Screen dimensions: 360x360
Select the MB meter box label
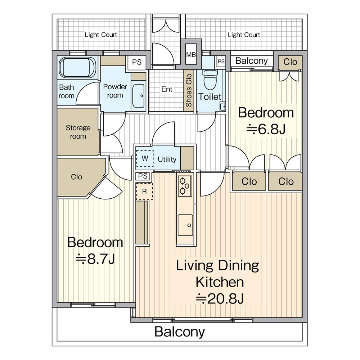191,55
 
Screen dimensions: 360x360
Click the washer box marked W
145,158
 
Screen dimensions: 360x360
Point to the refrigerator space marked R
144,191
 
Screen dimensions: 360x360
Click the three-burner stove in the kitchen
185,186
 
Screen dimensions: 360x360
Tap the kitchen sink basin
185,225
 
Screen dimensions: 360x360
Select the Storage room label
78,132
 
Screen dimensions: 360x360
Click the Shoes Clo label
189,90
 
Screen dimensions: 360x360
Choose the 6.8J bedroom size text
266,129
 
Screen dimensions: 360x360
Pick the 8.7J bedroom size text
95,259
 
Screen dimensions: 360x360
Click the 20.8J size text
220,299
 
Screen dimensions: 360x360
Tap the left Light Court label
101,35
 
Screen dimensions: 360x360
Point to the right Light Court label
244,35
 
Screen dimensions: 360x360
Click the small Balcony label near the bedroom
252,61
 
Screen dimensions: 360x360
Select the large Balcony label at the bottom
180,332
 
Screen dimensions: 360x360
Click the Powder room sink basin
139,96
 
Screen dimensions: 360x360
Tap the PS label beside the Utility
143,176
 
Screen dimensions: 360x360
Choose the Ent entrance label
167,89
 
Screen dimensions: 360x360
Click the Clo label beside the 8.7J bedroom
76,177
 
